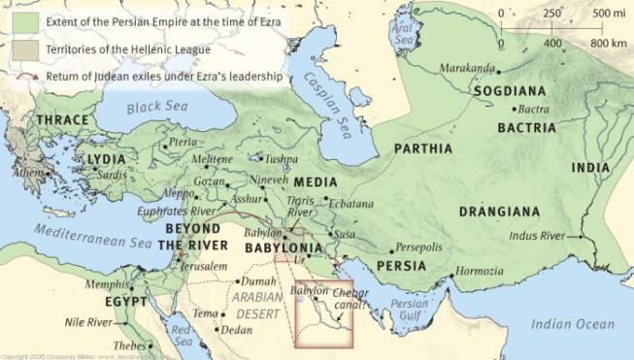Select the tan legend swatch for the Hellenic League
(18, 49)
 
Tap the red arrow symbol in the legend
(18, 74)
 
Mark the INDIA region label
(591, 167)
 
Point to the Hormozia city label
(481, 271)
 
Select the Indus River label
(540, 236)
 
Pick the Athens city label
(28, 173)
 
